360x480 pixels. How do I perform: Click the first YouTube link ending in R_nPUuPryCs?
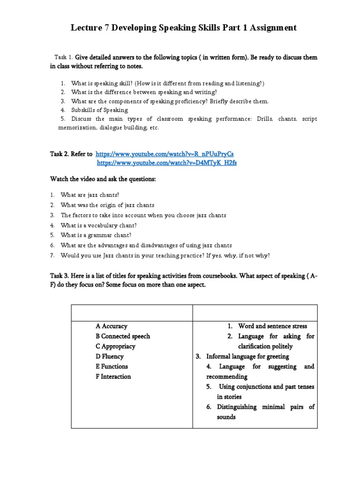165,154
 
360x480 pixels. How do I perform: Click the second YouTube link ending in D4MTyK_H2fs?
167,163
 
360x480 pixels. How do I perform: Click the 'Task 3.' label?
60,276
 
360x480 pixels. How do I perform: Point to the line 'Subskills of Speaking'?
99,110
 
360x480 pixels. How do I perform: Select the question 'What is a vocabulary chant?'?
98,225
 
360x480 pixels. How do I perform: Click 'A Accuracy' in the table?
111,326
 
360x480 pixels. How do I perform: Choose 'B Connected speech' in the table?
122,336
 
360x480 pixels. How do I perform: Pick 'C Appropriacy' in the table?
115,346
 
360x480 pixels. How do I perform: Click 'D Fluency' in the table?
109,356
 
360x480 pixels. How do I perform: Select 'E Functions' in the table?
111,367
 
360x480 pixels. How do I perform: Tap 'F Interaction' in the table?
113,376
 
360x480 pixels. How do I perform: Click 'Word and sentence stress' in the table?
272,326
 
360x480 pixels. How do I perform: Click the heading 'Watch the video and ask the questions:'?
103,179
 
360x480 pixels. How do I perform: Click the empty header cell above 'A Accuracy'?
132,313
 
